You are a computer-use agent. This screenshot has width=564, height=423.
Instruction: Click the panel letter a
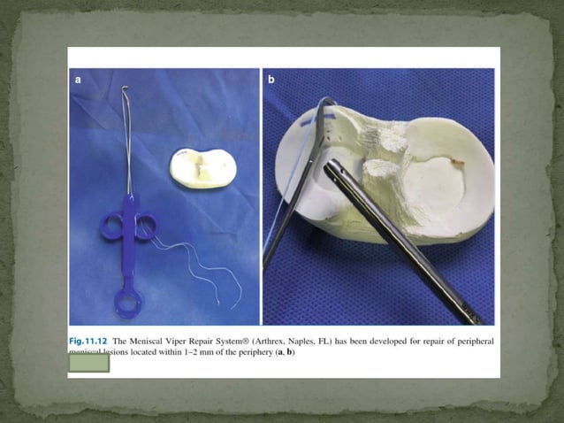point(78,80)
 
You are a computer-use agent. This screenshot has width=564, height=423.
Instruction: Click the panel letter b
point(271,80)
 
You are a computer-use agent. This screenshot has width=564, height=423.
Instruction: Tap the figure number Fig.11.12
point(93,341)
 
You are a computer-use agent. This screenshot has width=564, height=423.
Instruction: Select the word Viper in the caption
point(198,341)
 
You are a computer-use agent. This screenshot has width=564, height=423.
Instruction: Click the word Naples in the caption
point(347,341)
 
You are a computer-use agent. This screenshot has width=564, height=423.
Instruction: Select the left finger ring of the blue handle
point(111,227)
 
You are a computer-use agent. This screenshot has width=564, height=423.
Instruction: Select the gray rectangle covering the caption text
point(89,362)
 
